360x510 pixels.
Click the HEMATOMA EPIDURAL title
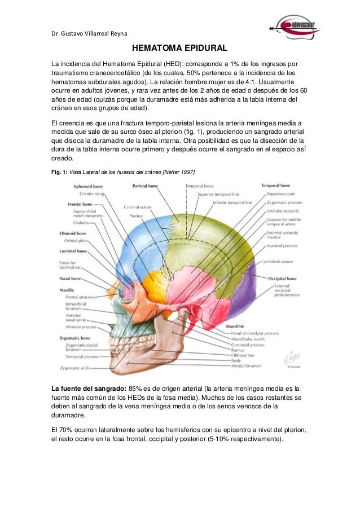179,49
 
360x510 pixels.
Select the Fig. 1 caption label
59,172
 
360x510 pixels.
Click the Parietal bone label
145,185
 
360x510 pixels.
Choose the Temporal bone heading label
275,185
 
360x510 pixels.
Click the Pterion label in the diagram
135,215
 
